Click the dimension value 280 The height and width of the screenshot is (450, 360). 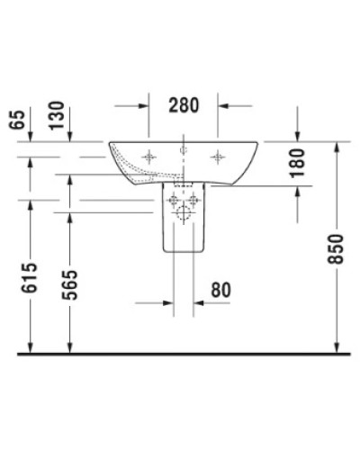(x=183, y=106)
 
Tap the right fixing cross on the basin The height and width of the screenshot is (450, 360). (x=217, y=157)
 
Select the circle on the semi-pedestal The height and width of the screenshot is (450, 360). (x=183, y=214)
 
